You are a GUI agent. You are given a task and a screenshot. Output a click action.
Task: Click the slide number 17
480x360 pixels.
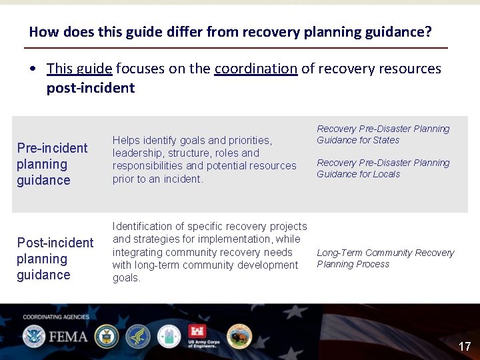pyautogui.click(x=465, y=346)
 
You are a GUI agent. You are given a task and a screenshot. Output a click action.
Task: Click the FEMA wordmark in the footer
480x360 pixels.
pyautogui.click(x=67, y=335)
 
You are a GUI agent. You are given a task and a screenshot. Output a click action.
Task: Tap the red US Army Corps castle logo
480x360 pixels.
pyautogui.click(x=198, y=333)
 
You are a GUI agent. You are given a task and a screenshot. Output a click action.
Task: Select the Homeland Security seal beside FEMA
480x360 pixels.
pyautogui.click(x=33, y=336)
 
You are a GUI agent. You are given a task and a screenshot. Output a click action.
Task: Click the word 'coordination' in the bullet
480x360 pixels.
pyautogui.click(x=256, y=69)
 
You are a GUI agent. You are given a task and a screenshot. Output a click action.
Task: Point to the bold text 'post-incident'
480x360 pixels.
pyautogui.click(x=90, y=88)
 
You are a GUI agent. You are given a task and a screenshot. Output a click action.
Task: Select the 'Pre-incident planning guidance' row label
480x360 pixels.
pyautogui.click(x=52, y=164)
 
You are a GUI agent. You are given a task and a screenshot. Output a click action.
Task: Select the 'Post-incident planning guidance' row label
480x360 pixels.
pyautogui.click(x=55, y=259)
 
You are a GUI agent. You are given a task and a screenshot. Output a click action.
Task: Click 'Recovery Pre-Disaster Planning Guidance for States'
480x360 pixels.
pyautogui.click(x=383, y=134)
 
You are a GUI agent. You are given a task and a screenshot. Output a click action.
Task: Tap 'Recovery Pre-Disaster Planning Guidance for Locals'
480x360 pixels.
pyautogui.click(x=383, y=168)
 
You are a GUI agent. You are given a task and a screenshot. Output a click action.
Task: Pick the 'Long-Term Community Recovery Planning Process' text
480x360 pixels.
pyautogui.click(x=385, y=258)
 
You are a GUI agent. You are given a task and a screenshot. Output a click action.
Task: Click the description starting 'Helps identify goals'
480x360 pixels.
pyautogui.click(x=204, y=159)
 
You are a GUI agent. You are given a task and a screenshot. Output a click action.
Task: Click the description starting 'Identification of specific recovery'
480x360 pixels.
pyautogui.click(x=209, y=252)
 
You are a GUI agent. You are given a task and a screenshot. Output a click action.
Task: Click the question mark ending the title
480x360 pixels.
pyautogui.click(x=428, y=32)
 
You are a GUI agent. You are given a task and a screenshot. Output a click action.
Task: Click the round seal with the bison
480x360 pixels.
pyautogui.click(x=239, y=336)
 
